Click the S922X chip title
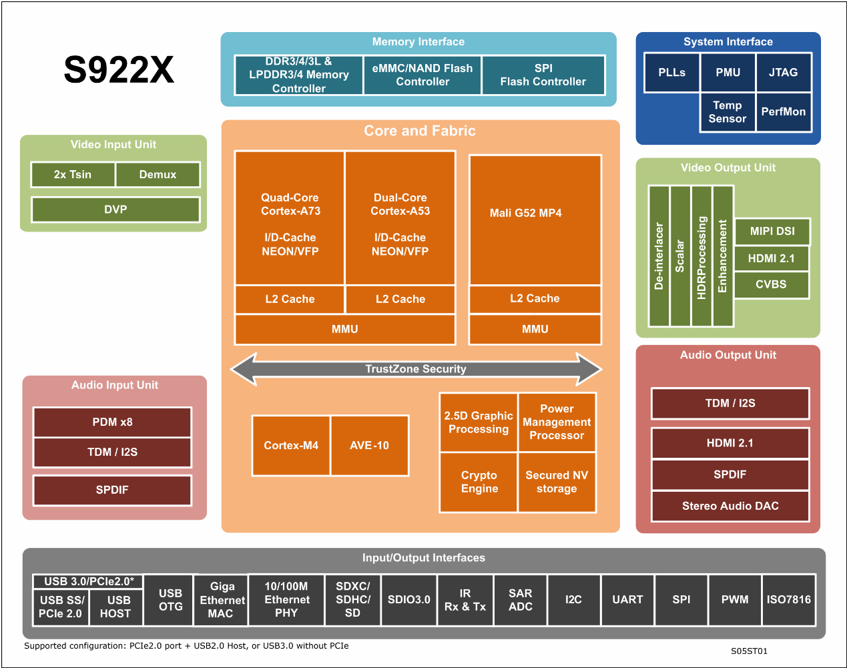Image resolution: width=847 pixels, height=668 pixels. tap(119, 70)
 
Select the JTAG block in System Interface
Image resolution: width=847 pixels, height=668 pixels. tap(784, 72)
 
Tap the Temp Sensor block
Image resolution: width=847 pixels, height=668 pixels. tap(728, 112)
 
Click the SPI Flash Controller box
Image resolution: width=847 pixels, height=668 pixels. tap(543, 75)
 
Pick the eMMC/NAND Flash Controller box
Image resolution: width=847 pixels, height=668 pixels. tap(422, 75)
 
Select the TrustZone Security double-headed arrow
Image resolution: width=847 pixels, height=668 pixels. tap(416, 369)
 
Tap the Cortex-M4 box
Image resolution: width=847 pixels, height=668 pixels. tap(291, 445)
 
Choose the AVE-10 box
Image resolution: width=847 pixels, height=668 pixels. tap(369, 445)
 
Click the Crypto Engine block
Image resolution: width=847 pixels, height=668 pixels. tap(479, 482)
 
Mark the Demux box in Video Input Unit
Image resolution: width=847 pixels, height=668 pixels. tap(158, 174)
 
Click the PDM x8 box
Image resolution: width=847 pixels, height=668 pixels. tap(112, 422)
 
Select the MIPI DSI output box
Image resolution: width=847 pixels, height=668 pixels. tap(772, 231)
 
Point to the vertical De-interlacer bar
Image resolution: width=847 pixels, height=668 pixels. tap(659, 256)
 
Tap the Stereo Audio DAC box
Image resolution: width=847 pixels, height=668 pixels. tap(730, 506)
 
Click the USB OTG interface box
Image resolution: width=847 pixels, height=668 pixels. tap(170, 599)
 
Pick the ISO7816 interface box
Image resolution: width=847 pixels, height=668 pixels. tap(788, 599)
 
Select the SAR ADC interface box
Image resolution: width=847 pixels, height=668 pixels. tap(520, 599)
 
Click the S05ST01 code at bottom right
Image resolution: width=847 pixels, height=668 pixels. tap(749, 651)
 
